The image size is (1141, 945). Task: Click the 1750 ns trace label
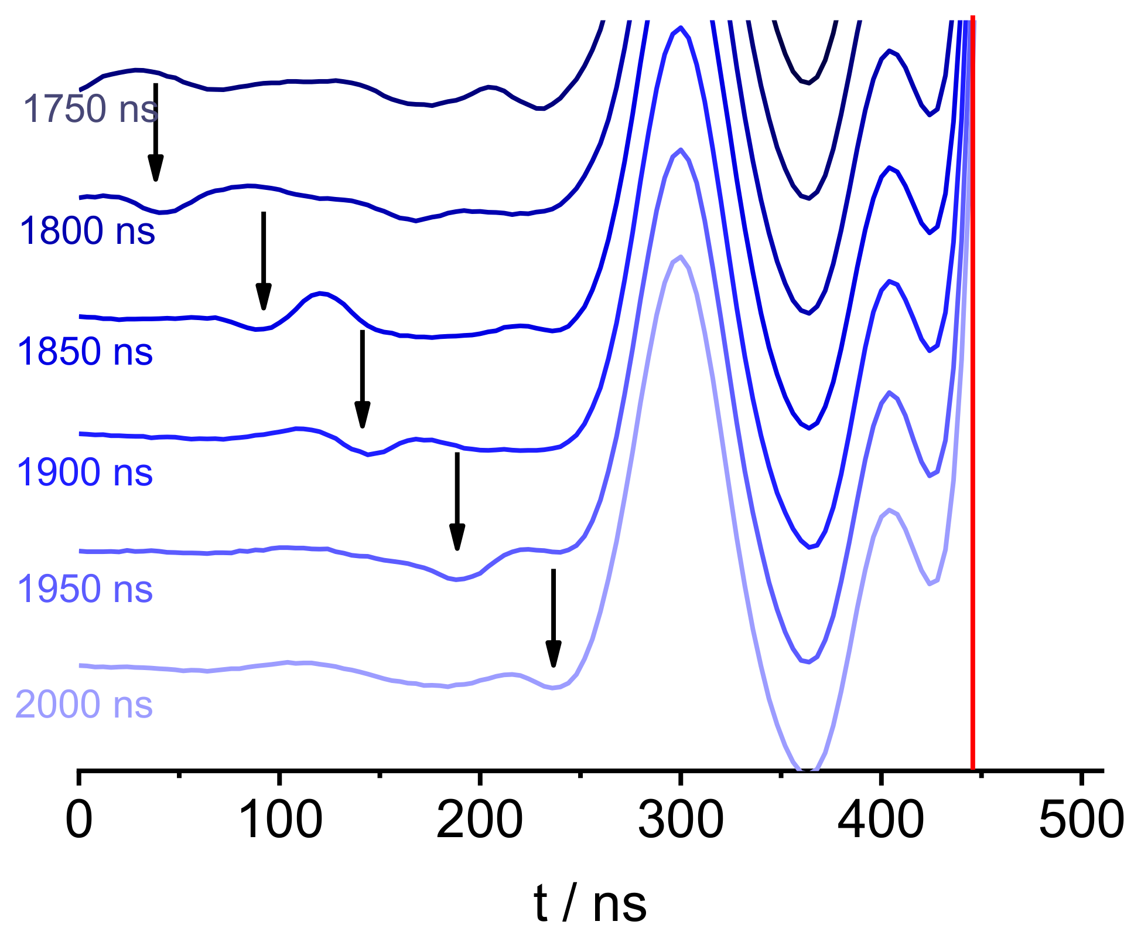click(90, 109)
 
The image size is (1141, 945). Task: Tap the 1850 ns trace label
click(86, 352)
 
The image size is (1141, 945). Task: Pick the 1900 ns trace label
click(85, 472)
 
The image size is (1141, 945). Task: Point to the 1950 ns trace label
click(85, 589)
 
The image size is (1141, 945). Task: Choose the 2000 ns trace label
click(84, 705)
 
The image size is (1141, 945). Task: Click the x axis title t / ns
click(590, 905)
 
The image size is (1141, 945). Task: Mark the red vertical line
click(972, 410)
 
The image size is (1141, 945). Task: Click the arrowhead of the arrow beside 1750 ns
click(155, 170)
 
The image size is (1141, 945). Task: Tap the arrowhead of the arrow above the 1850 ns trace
click(264, 298)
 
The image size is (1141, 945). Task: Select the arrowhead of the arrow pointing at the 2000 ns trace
click(554, 655)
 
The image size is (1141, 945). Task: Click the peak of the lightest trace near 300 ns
click(680, 257)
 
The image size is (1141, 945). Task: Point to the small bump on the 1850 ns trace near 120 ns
click(320, 293)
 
